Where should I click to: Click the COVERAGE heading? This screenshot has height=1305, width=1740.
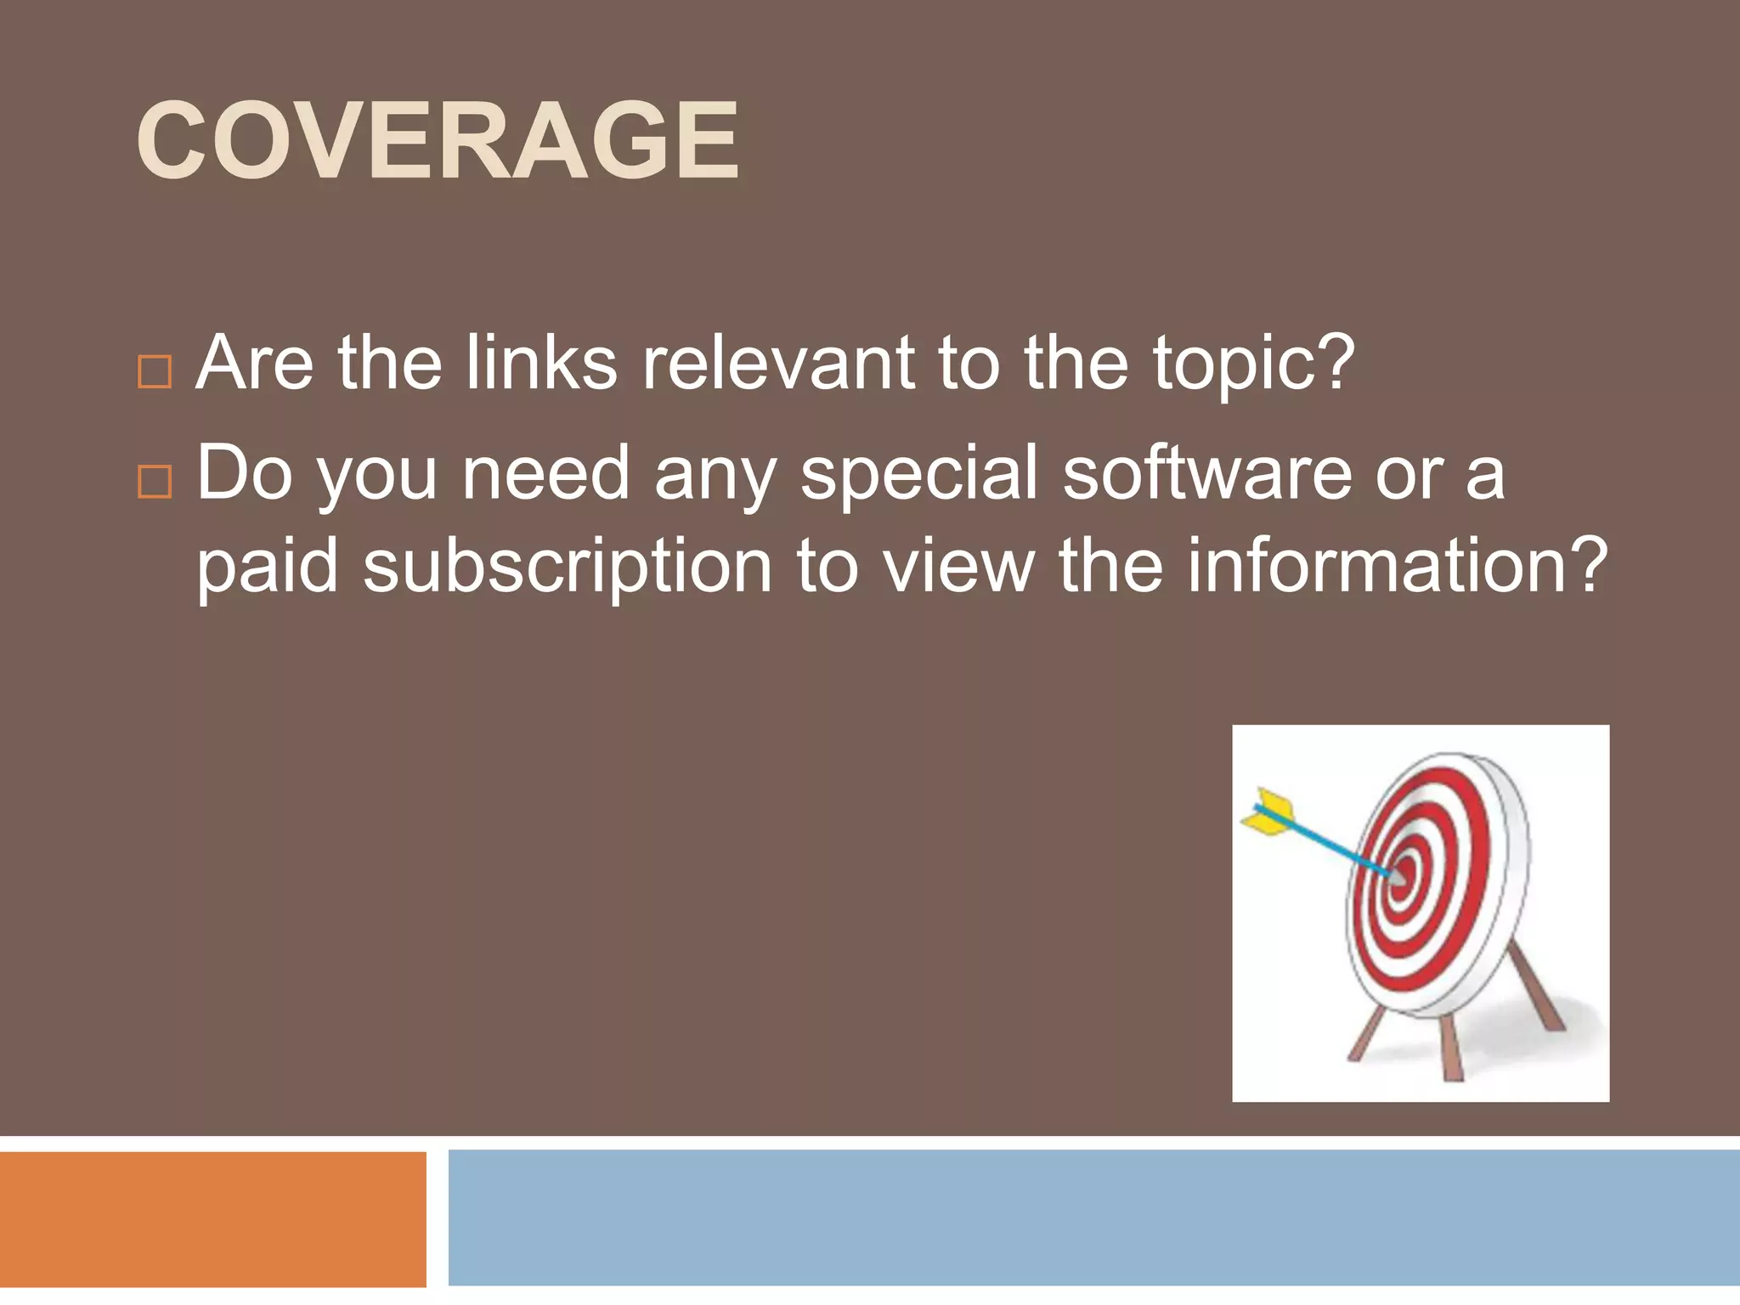click(438, 140)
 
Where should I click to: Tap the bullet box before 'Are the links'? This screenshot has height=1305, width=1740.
click(155, 371)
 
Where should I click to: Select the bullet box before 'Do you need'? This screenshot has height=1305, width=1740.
click(155, 481)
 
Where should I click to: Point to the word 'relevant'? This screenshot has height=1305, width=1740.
click(778, 363)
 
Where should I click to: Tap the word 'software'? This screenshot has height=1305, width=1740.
click(1207, 473)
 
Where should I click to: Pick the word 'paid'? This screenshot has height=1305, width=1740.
click(268, 568)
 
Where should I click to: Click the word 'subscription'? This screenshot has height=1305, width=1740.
click(568, 568)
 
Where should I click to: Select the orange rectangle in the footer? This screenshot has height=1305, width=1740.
click(212, 1218)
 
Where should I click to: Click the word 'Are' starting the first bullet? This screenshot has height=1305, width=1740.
click(254, 363)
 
